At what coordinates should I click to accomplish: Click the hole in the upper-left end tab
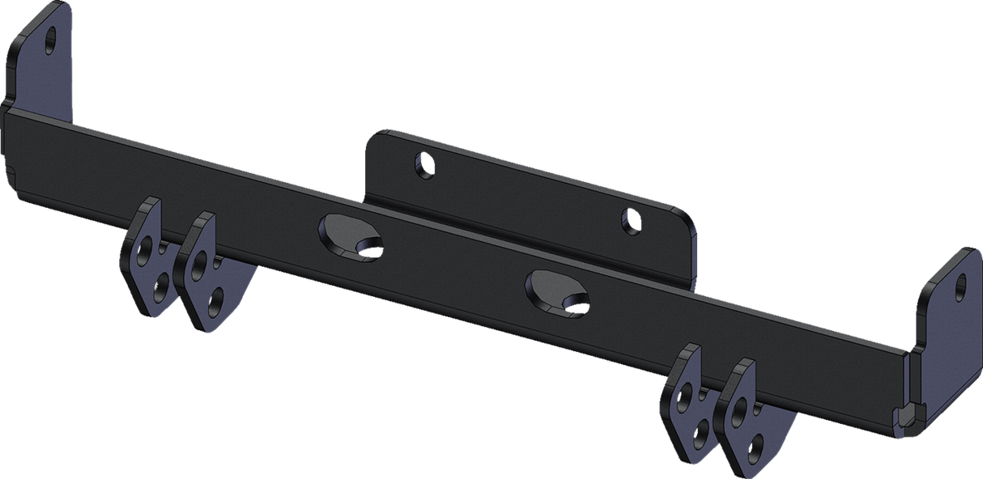tap(53, 38)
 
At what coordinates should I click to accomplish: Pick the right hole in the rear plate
tap(629, 218)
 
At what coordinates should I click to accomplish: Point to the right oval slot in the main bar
tap(551, 289)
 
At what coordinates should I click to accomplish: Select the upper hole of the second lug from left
tap(198, 265)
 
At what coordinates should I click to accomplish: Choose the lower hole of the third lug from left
tap(701, 430)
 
